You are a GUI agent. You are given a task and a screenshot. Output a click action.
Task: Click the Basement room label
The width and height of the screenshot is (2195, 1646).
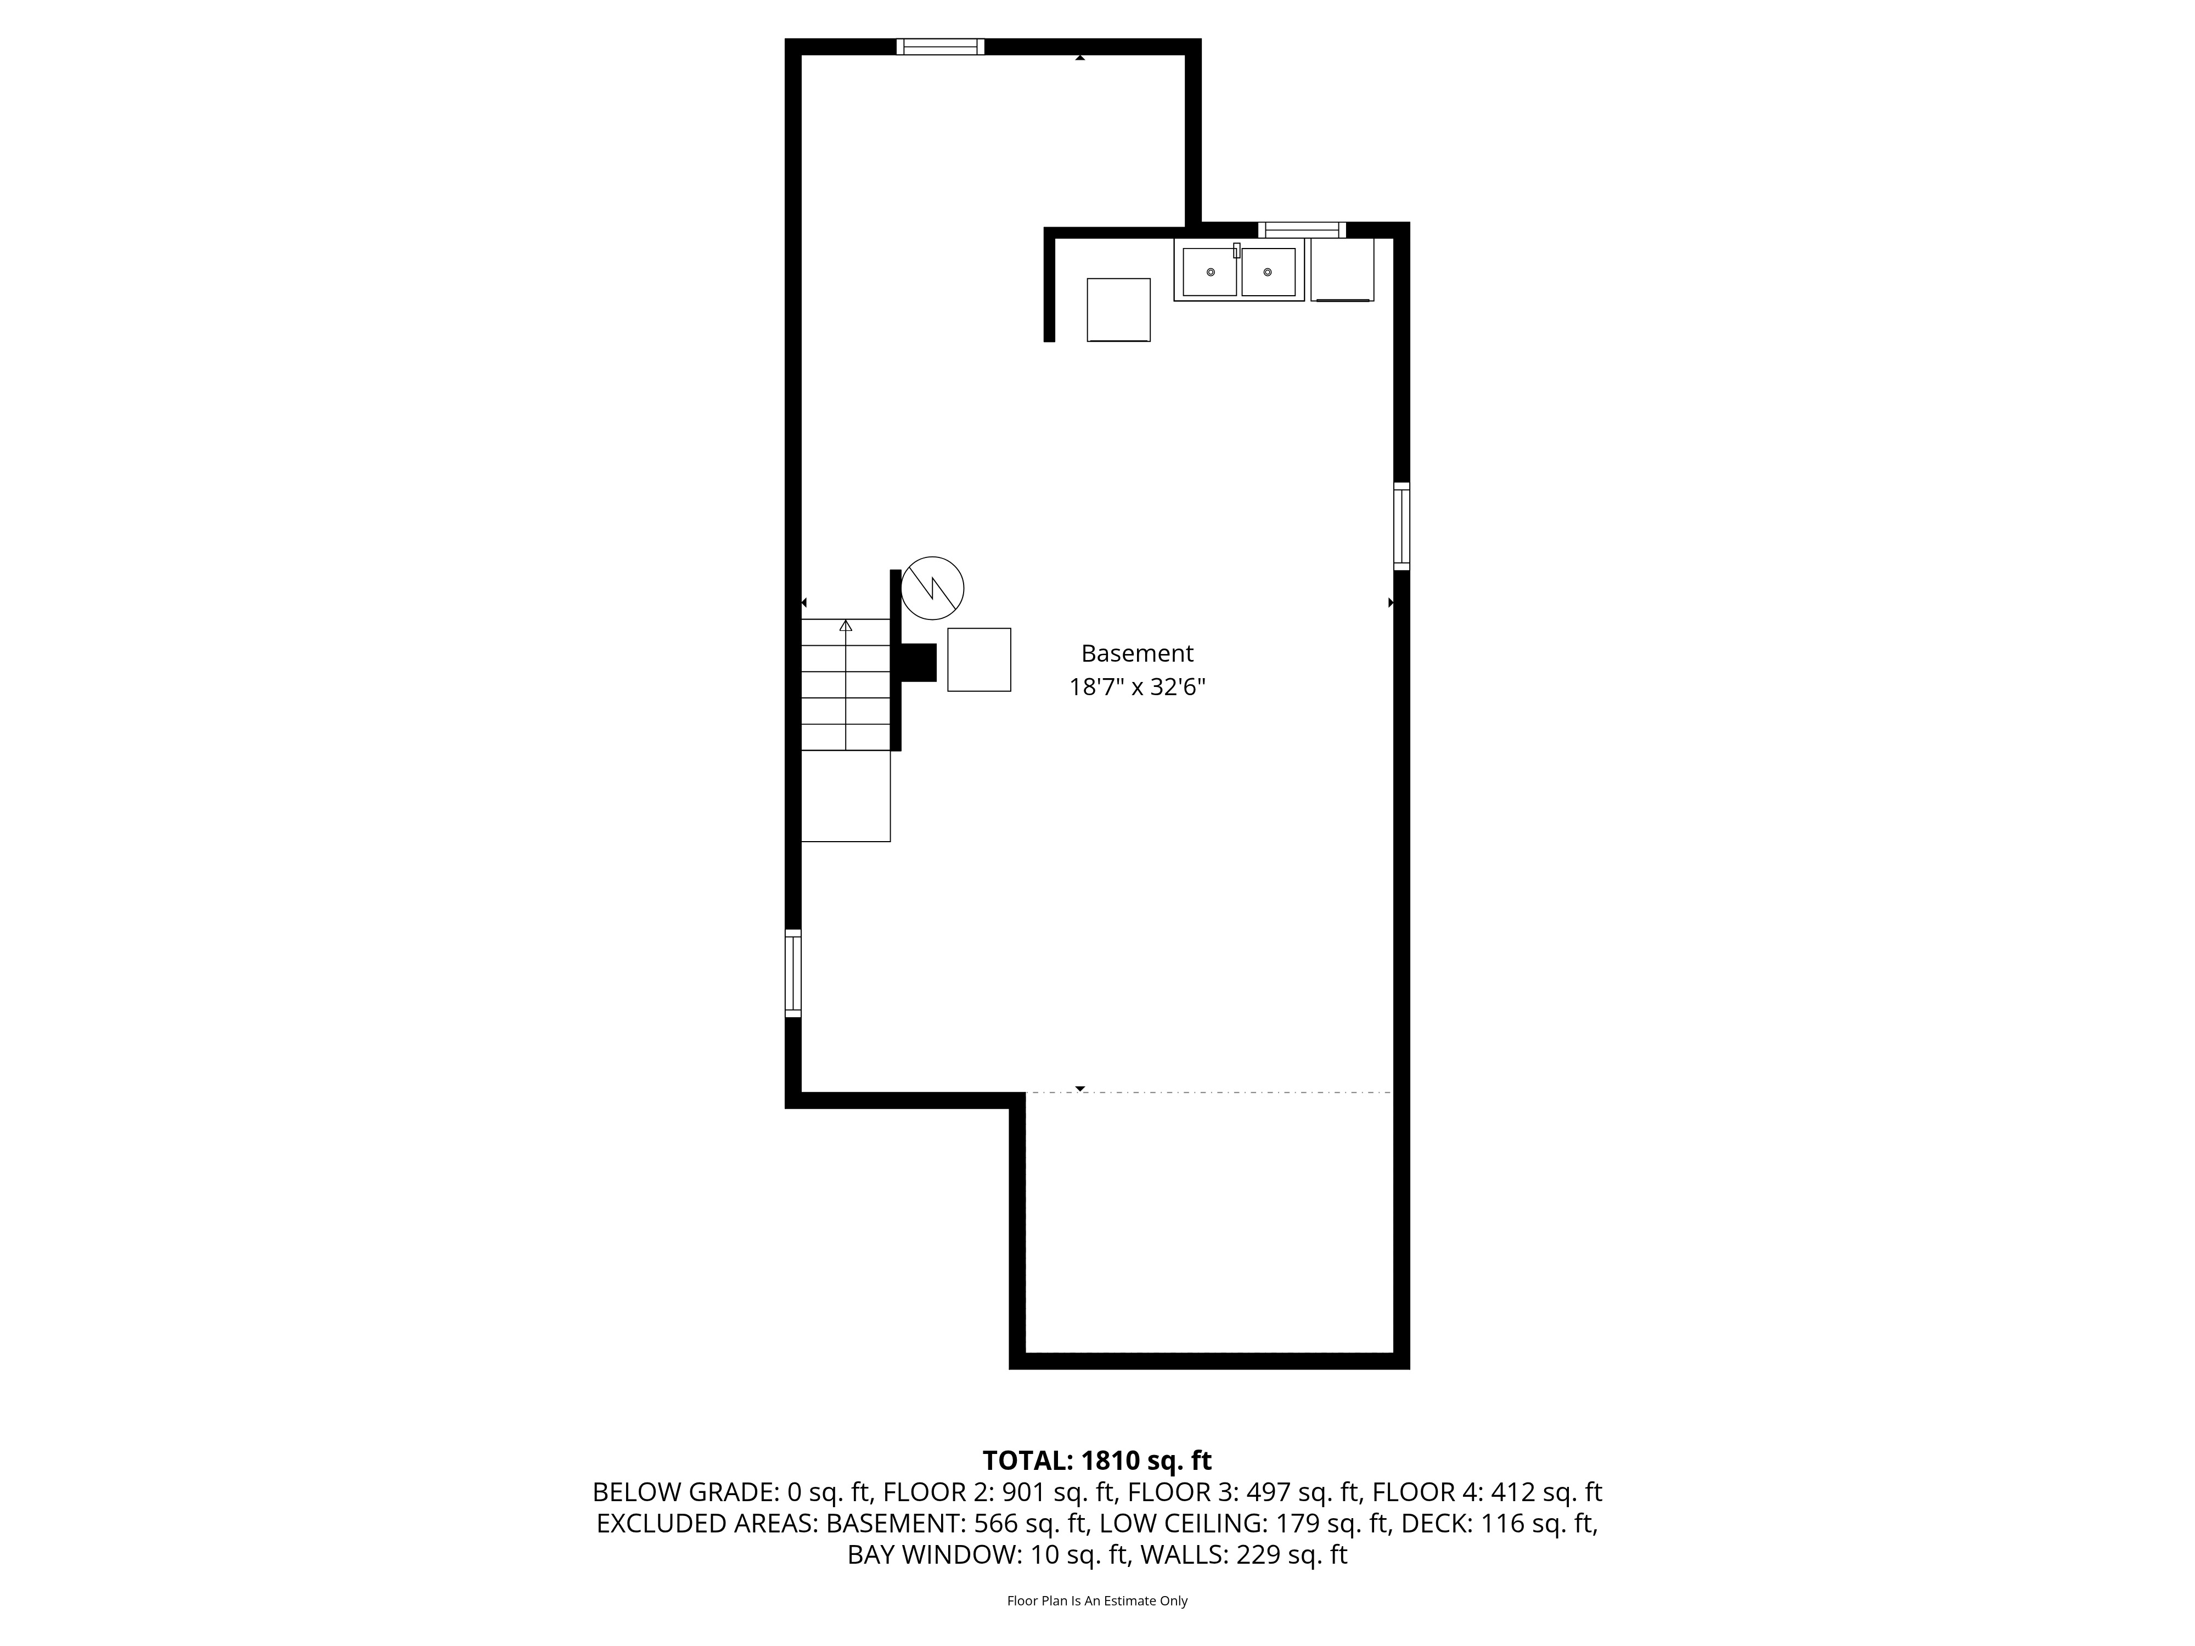point(1136,654)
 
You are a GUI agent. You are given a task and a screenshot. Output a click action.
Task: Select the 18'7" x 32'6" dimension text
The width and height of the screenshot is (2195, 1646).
point(1136,686)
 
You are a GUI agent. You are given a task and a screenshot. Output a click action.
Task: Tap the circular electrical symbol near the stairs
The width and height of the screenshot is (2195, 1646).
point(932,588)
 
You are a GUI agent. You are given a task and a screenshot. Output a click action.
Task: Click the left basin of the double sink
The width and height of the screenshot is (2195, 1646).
point(1209,272)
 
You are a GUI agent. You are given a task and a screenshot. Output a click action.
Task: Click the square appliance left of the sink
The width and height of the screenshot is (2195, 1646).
point(1118,311)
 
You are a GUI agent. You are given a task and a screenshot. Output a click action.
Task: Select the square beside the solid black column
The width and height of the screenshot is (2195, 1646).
point(978,660)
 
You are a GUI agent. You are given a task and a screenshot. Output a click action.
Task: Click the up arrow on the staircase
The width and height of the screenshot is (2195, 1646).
point(846,626)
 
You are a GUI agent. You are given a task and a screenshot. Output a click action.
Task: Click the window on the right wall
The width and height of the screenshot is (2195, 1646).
point(1401,526)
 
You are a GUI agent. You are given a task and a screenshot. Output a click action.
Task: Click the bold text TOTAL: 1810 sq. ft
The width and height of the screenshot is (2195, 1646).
point(1096,1461)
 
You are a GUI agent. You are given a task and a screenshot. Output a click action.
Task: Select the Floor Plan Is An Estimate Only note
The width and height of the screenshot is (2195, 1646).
point(1096,1600)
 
